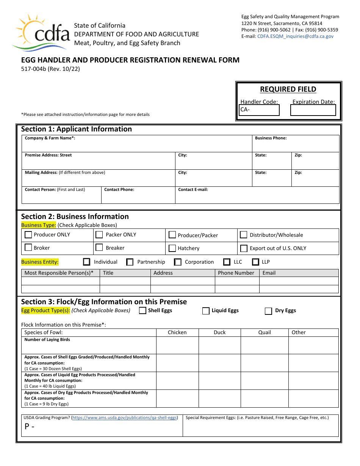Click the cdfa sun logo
(x=41, y=32)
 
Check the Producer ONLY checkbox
(x=28, y=235)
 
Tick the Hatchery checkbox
(x=172, y=249)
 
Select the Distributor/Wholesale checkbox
(x=244, y=235)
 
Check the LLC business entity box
(x=227, y=262)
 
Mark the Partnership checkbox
(x=130, y=262)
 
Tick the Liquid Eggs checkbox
(x=206, y=311)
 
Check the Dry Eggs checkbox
(x=268, y=311)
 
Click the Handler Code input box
(x=260, y=110)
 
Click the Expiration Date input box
(x=313, y=110)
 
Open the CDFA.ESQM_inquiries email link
(x=295, y=36)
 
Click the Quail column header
(x=265, y=332)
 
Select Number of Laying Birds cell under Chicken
(x=177, y=345)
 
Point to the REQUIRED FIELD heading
(x=288, y=89)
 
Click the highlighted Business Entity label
(x=40, y=262)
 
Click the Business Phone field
(x=296, y=144)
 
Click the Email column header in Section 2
(x=269, y=273)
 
